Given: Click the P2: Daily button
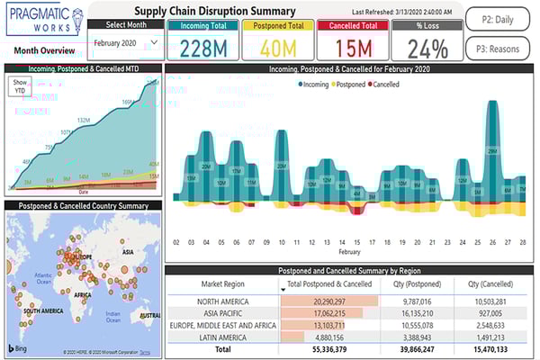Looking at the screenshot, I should [498, 18].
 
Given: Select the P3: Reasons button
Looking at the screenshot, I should [498, 46].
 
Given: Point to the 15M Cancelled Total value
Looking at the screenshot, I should [351, 47].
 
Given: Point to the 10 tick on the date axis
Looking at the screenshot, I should [282, 242].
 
